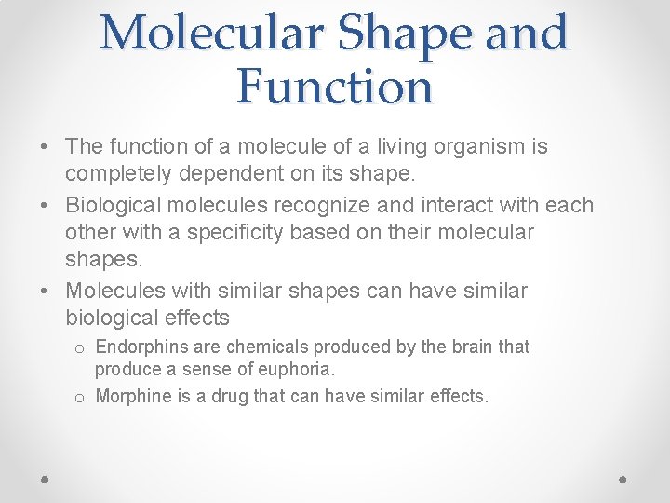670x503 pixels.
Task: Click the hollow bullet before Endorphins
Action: [x=81, y=348]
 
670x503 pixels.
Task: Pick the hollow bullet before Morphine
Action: [x=81, y=397]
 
